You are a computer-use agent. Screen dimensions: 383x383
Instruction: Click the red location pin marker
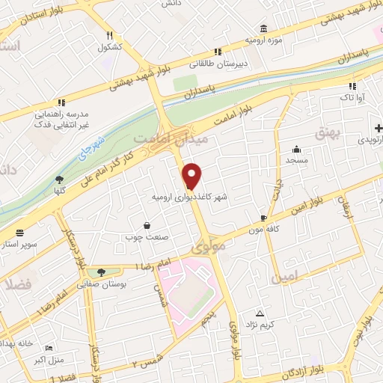[x=193, y=175]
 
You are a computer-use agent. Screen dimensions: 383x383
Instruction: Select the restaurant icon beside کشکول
[x=109, y=35]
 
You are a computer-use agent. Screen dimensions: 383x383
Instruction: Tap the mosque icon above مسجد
[x=297, y=149]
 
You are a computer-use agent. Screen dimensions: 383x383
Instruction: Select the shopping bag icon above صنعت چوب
[x=146, y=225]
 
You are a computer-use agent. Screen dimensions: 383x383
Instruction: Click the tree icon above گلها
[x=59, y=179]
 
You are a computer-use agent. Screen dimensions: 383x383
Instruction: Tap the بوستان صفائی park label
[x=105, y=284]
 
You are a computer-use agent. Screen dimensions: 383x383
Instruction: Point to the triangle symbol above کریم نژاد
[x=260, y=313]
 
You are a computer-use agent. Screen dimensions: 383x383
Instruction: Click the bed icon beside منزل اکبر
[x=49, y=349]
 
